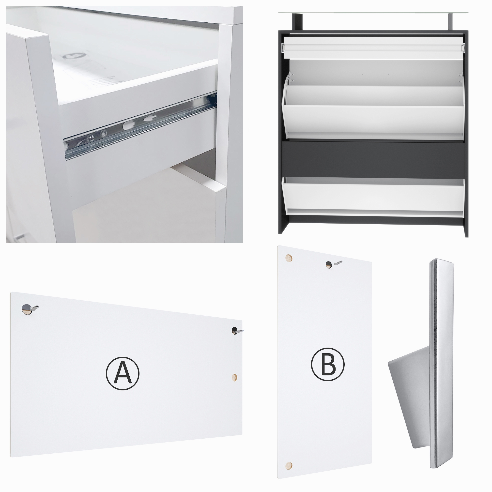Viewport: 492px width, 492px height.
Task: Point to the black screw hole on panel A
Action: click(234, 331)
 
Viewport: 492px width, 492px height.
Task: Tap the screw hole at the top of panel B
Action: click(329, 265)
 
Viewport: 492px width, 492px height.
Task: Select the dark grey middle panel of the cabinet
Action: click(373, 158)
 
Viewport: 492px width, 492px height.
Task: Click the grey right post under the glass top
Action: click(449, 22)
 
